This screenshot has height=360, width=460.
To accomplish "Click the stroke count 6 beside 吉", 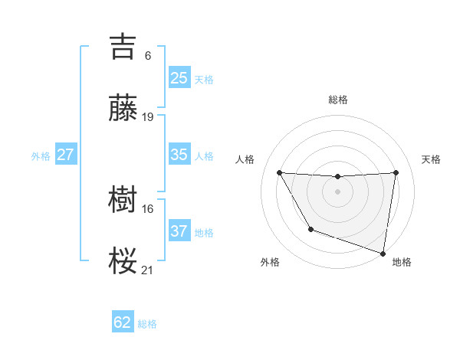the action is tap(148, 56).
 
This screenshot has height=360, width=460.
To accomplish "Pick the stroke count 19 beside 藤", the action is tap(148, 117).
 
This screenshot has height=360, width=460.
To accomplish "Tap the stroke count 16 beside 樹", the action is tap(148, 208).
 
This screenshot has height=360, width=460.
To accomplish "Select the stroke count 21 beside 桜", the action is tap(148, 270).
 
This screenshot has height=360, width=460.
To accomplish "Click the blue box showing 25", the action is tap(179, 77).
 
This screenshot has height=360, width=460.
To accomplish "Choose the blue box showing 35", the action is tap(179, 154).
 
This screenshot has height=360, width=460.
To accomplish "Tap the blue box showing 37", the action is tap(179, 231).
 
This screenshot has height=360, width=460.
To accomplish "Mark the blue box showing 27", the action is tap(65, 154).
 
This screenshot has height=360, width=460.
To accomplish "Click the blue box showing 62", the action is tap(123, 322).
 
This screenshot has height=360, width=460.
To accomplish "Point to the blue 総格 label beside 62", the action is tap(147, 324).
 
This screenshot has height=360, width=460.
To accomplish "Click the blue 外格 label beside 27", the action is tap(41, 155).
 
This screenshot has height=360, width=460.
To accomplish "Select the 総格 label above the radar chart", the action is tap(338, 100).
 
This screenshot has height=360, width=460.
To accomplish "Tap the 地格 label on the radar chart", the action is tap(402, 262).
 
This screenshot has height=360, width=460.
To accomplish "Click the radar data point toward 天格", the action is tap(396, 172).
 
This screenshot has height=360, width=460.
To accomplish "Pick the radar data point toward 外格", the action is tap(310, 229).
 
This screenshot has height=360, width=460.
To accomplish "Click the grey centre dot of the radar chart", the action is tap(338, 191).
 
